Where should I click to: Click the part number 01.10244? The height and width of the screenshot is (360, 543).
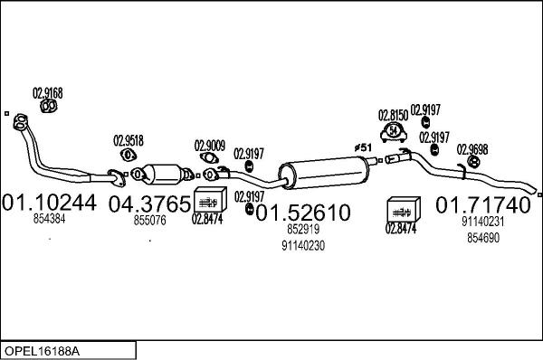(x=51, y=203)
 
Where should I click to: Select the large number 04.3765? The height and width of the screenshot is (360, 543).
(x=149, y=204)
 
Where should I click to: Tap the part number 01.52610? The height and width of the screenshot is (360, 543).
(x=302, y=213)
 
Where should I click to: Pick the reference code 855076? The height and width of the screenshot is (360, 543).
(x=150, y=221)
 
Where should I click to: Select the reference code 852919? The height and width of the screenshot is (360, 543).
(x=303, y=231)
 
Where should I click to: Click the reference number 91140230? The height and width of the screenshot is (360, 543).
(x=303, y=245)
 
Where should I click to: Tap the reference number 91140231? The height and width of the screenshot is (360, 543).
(x=482, y=222)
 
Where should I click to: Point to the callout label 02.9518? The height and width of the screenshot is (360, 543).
(x=128, y=140)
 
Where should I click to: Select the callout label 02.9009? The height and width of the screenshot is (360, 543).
(x=210, y=144)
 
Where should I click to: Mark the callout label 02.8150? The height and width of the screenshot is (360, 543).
(x=394, y=115)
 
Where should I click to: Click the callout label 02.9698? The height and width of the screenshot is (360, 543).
(x=472, y=149)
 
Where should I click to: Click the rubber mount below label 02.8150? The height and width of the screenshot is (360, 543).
(x=394, y=132)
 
